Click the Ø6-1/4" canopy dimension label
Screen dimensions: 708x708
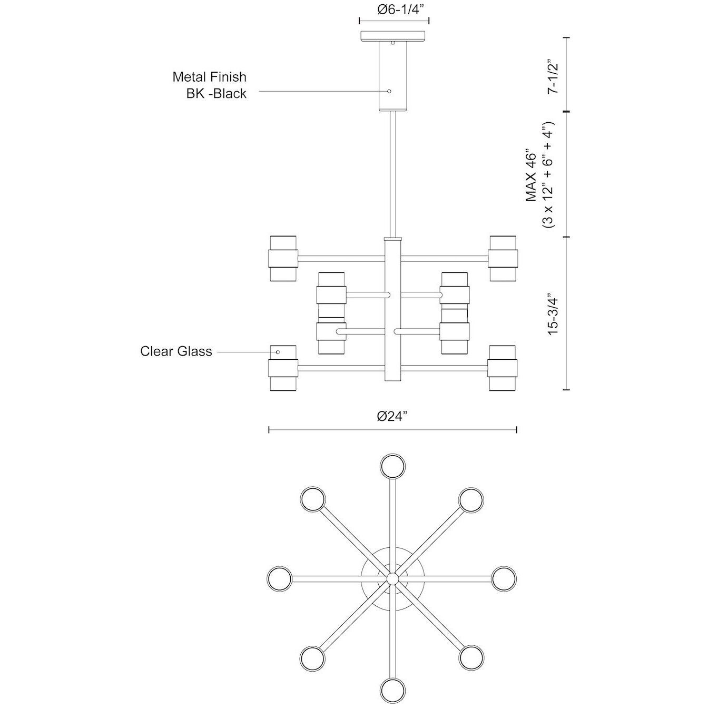coord(394,10)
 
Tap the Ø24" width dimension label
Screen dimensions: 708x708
coord(393,416)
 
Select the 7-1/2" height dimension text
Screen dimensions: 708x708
coord(552,77)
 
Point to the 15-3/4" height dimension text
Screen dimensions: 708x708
coord(552,313)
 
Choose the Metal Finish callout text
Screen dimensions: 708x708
coord(209,77)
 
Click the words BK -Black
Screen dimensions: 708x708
coord(213,94)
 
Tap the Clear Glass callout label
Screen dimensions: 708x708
coord(176,351)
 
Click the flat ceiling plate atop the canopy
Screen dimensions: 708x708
coord(394,36)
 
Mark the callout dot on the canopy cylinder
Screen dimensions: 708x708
coord(389,91)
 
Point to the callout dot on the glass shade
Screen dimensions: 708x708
coord(278,352)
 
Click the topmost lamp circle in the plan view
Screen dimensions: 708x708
coord(393,466)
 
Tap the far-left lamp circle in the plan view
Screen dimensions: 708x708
coord(279,578)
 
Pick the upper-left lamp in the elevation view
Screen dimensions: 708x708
coord(283,259)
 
